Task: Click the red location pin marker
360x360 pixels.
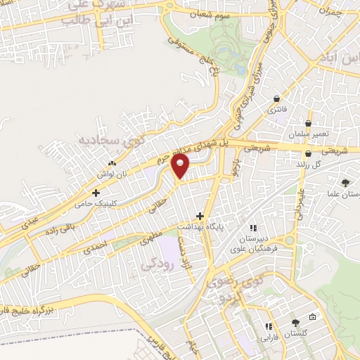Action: coord(182,166)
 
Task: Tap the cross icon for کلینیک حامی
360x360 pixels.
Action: coord(96,192)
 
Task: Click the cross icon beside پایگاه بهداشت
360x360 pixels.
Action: coord(200,216)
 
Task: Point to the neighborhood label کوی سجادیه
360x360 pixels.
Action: coord(114,141)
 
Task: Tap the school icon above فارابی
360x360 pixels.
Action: coord(268,326)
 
